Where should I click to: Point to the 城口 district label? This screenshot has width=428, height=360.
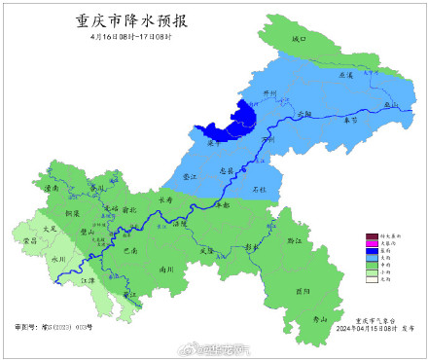click(x=298, y=39)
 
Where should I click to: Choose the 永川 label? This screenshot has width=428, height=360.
click(x=57, y=260)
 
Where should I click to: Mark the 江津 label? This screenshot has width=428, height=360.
click(x=89, y=280)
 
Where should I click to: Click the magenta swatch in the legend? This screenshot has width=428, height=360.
click(x=370, y=243)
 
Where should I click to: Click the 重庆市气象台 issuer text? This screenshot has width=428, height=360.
click(x=376, y=318)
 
